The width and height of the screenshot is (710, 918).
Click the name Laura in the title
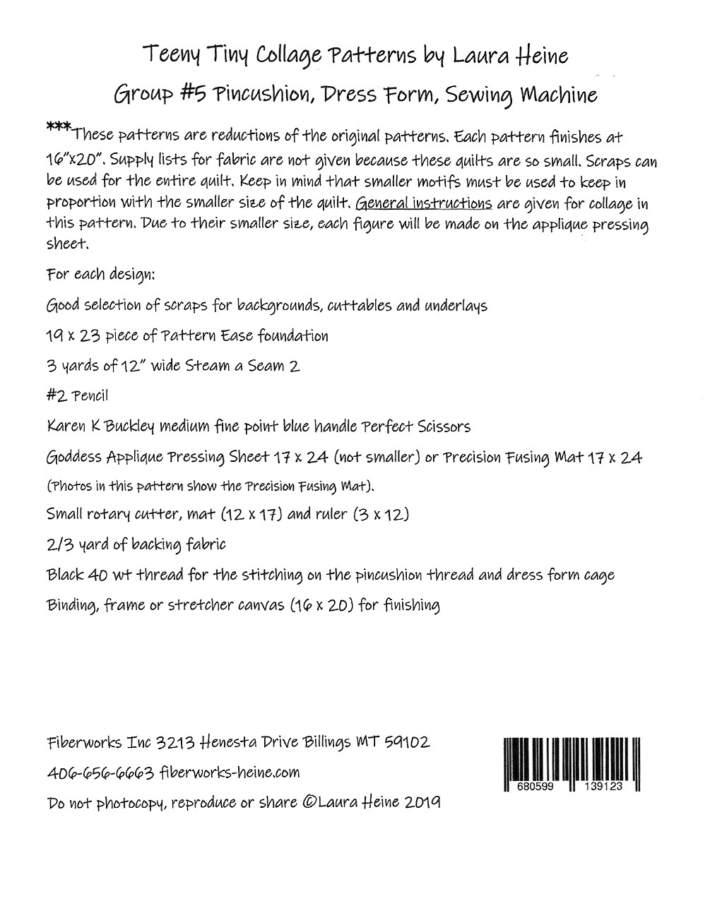coord(482,55)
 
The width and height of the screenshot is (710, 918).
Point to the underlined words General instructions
coord(424,204)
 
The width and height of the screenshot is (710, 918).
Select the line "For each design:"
coord(100,274)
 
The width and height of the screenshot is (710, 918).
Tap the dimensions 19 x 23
coord(73,335)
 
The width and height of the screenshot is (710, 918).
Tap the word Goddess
coord(72,458)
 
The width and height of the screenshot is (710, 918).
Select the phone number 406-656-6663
coord(100,773)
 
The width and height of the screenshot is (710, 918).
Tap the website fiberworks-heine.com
coord(230,773)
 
